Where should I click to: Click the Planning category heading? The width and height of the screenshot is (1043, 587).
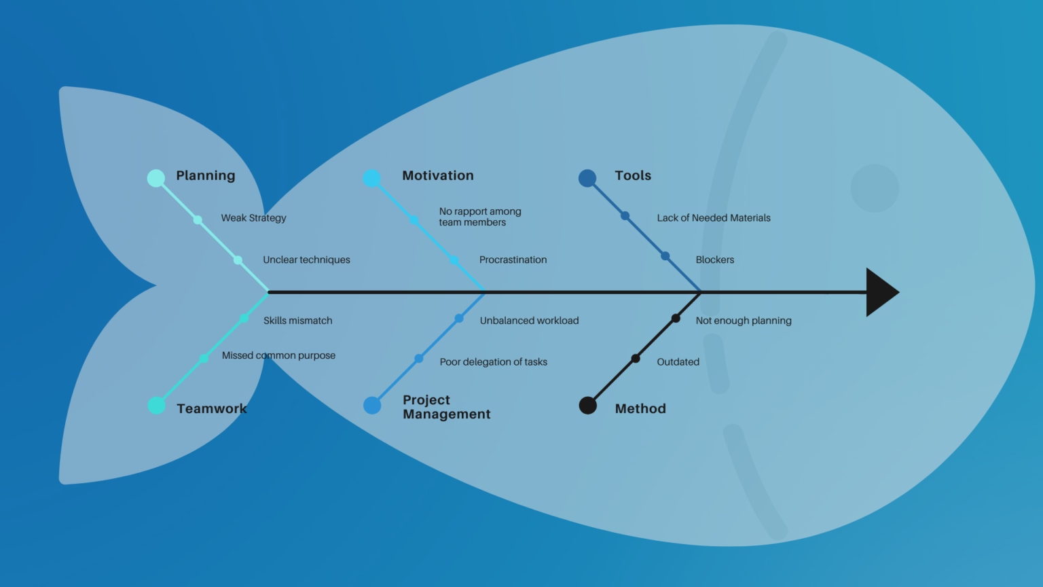tap(205, 175)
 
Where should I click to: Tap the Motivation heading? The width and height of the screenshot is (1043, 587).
tap(437, 175)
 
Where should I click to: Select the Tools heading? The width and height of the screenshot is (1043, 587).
tap(632, 175)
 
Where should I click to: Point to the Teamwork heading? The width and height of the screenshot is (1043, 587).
tap(211, 408)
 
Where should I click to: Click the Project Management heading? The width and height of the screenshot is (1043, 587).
tap(446, 407)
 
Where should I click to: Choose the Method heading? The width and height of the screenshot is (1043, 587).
tap(640, 408)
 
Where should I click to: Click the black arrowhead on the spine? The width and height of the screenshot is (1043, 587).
tap(881, 292)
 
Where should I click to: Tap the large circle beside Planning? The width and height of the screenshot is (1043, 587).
tap(156, 178)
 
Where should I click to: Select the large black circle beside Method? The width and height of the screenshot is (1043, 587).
tap(588, 406)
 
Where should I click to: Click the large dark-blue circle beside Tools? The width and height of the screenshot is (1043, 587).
tap(587, 178)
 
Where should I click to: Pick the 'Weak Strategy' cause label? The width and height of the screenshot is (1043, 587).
tap(253, 218)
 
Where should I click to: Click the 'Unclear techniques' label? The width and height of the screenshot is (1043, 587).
tap(306, 260)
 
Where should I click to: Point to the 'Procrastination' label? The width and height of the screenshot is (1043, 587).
tap(513, 260)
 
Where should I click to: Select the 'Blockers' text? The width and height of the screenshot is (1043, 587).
tap(714, 260)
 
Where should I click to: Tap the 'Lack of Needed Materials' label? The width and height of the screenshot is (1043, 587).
tap(713, 218)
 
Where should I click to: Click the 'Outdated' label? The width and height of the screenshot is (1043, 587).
tap(678, 362)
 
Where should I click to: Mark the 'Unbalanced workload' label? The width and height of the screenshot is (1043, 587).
tap(529, 321)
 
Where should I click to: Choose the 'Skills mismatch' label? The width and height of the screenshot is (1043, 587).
tap(297, 321)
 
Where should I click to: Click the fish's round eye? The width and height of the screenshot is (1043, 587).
tap(875, 188)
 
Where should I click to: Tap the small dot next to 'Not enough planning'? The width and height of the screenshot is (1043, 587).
tap(676, 319)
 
